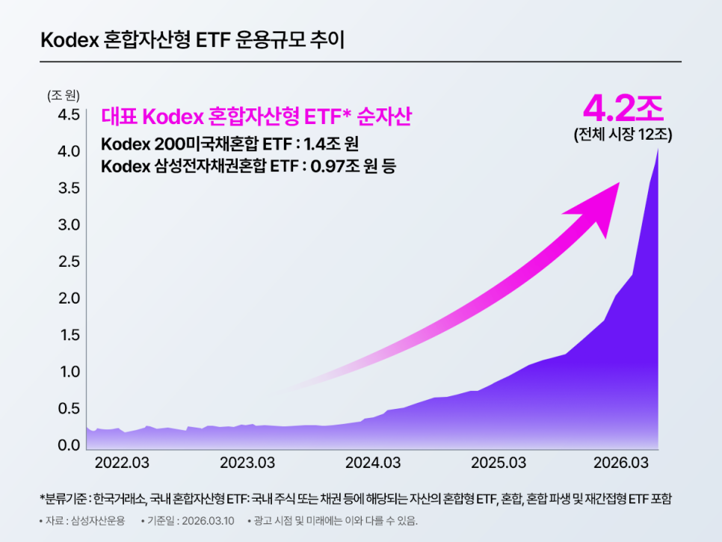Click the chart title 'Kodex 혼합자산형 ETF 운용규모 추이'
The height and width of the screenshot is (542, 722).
pos(193,40)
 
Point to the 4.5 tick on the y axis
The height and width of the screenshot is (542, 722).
pos(65,115)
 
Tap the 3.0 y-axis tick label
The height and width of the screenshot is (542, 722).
pos(65,225)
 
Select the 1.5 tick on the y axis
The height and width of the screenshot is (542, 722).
pos(65,335)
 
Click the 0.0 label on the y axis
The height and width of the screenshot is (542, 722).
pos(65,446)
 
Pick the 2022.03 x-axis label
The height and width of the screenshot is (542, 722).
pos(122,463)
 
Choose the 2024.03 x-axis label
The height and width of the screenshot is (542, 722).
pos(372,463)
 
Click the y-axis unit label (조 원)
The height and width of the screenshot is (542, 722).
pos(64,95)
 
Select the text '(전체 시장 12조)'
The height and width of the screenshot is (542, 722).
pos(623,136)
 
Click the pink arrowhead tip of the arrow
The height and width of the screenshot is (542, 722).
pos(619,183)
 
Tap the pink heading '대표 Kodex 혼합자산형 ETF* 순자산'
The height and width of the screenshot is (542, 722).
pos(257,117)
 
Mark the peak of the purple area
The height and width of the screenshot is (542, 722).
pos(658,150)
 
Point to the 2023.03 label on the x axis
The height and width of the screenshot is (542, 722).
pos(247,463)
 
